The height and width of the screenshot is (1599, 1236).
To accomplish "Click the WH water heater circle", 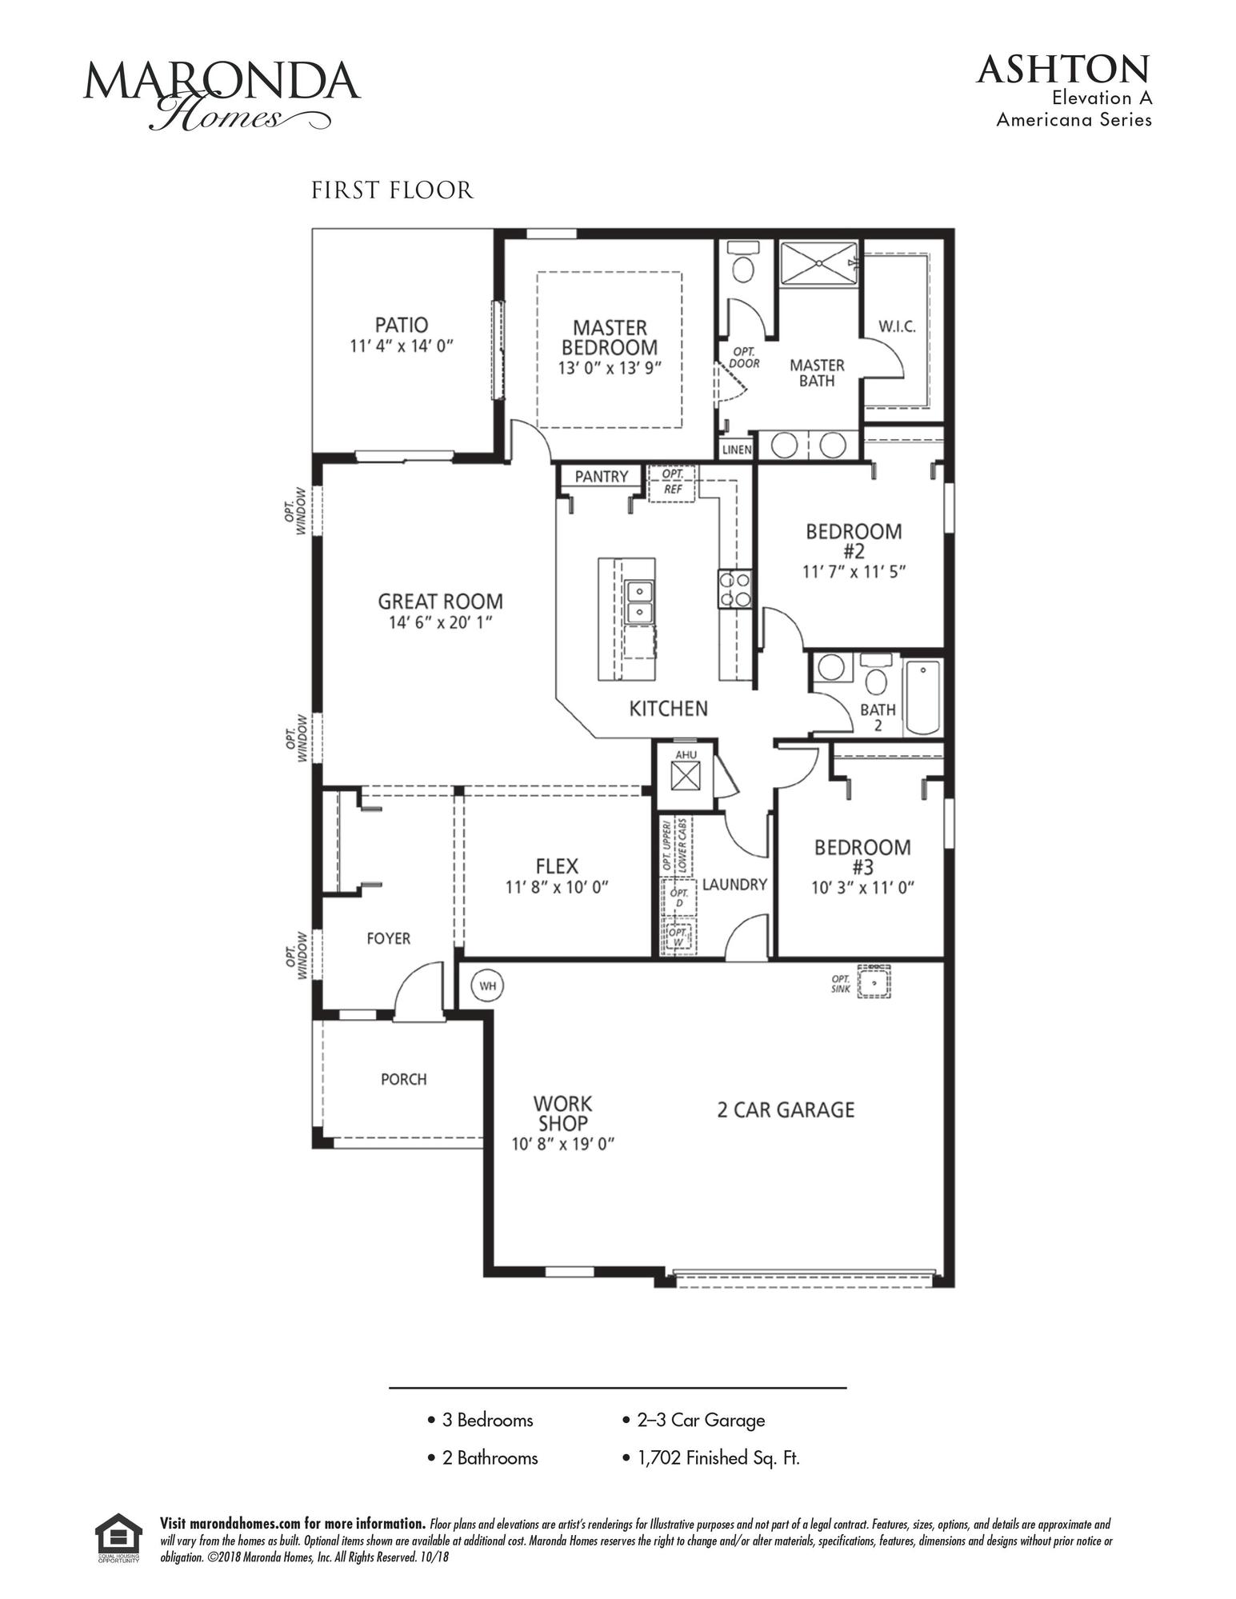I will (488, 985).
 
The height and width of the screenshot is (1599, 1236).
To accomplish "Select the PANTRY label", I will (601, 477).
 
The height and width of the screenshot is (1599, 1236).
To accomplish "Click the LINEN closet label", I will (737, 450).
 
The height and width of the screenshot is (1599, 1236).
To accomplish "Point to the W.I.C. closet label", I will (897, 326).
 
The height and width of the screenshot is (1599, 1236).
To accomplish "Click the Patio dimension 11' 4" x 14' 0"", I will (402, 346).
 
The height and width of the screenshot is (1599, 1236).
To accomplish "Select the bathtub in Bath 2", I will (923, 698).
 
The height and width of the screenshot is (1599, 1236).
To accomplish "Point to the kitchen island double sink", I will (638, 602).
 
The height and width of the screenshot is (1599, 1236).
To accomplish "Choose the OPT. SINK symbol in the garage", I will (874, 981).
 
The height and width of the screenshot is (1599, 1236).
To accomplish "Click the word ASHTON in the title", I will (1062, 70).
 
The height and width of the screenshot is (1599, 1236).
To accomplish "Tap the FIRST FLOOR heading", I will (392, 190).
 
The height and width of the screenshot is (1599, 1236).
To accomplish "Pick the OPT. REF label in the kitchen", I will (672, 482).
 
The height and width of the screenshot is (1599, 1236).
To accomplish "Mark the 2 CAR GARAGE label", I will (786, 1109).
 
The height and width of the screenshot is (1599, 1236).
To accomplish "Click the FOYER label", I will (389, 938).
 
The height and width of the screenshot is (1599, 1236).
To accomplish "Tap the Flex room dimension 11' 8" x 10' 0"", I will (557, 887).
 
